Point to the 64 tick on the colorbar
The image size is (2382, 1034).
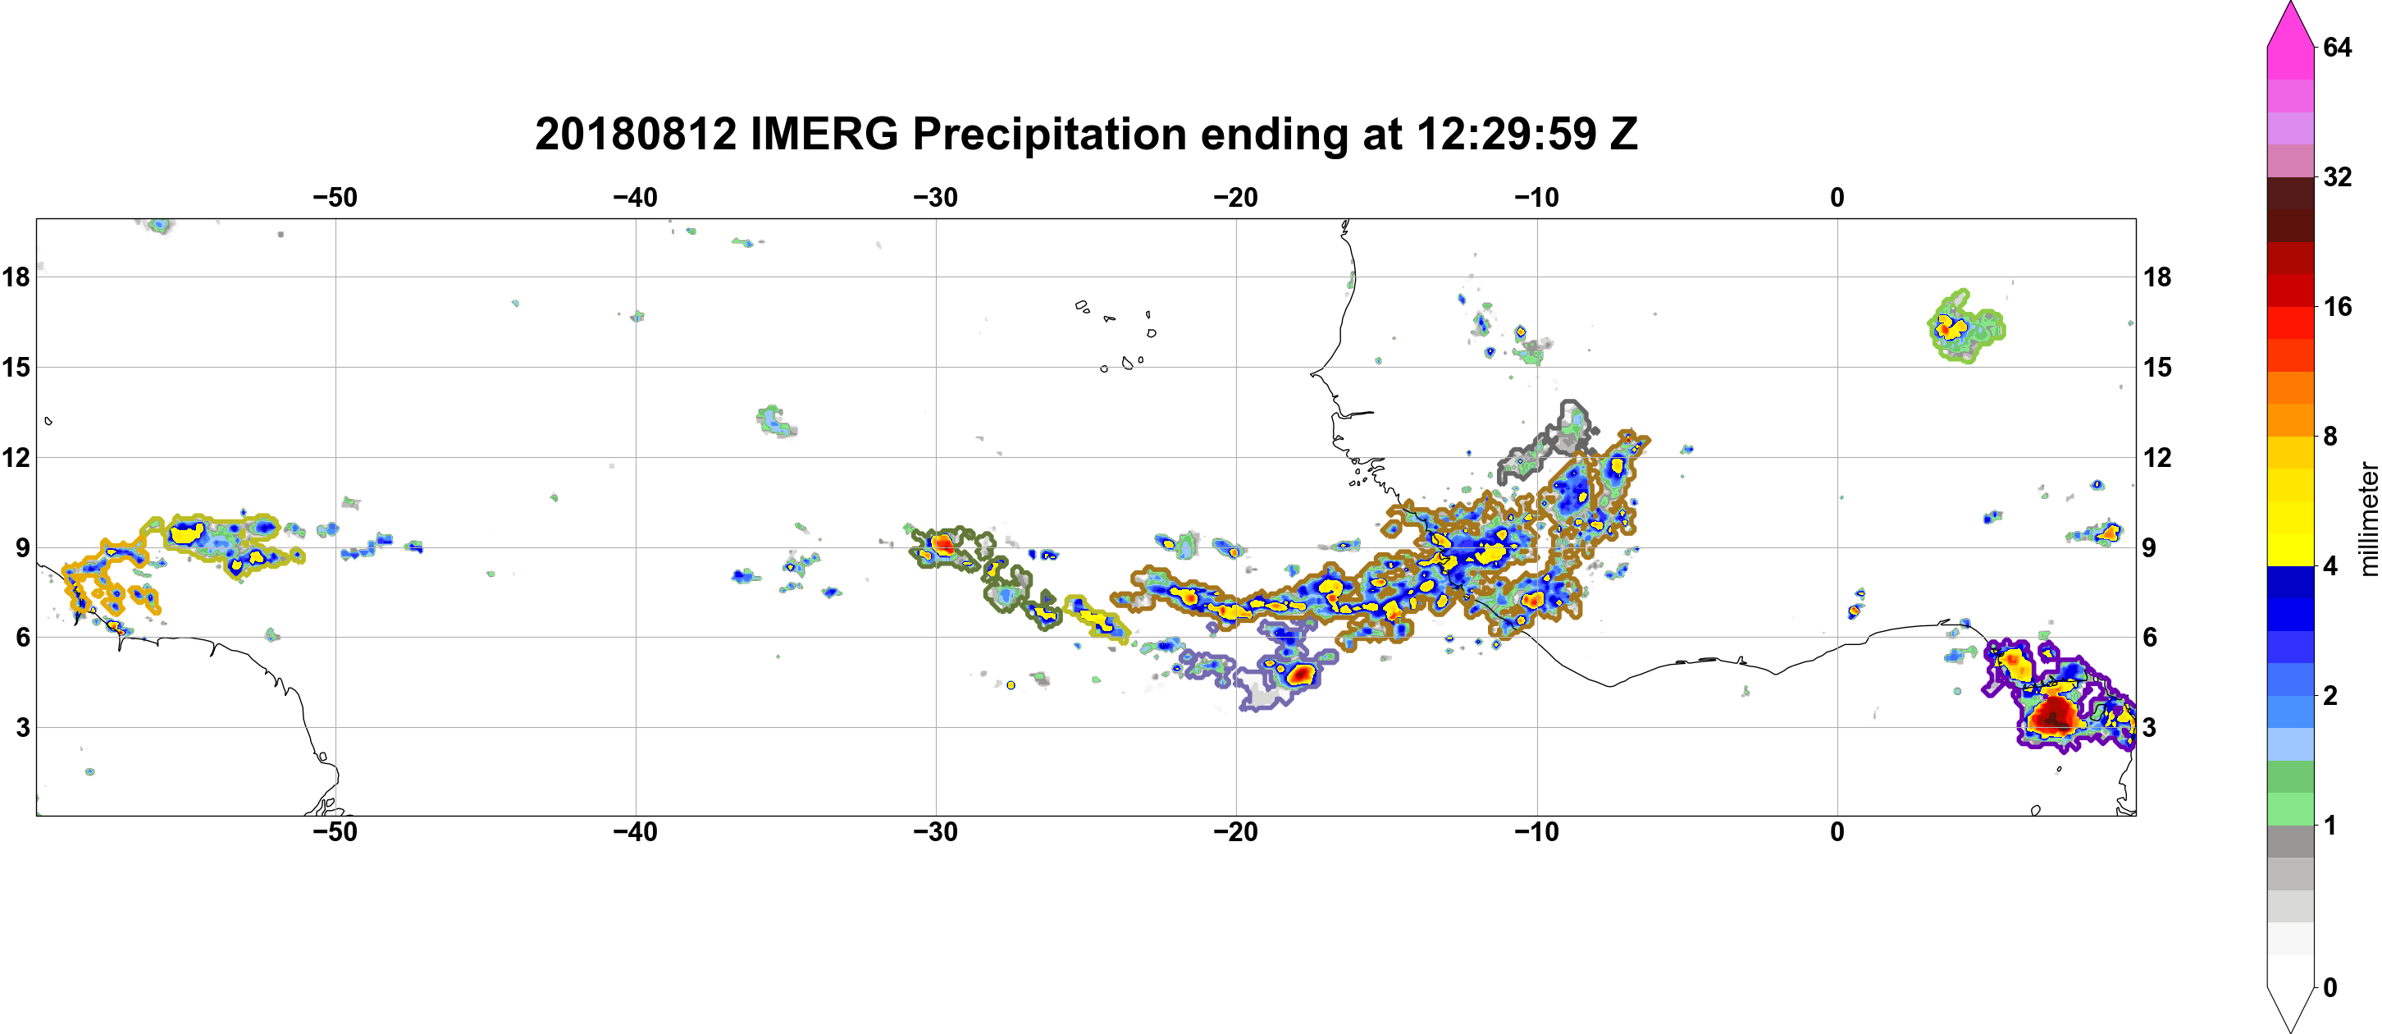pyautogui.click(x=2338, y=47)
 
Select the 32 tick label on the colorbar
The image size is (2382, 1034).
pyautogui.click(x=2338, y=176)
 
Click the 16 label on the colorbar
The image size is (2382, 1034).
pyautogui.click(x=2338, y=306)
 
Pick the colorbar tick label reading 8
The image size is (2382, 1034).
pyautogui.click(x=2330, y=436)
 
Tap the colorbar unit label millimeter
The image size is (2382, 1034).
pyautogui.click(x=2368, y=519)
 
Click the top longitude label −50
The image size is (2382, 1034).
pyautogui.click(x=335, y=198)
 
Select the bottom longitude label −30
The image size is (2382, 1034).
pyautogui.click(x=936, y=832)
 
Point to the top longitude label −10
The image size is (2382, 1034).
pyautogui.click(x=1537, y=198)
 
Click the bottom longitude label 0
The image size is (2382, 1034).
pyautogui.click(x=1837, y=832)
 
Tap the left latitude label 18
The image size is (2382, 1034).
pyautogui.click(x=16, y=277)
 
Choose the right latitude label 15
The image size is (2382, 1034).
pyautogui.click(x=2157, y=367)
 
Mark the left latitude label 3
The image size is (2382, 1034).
pyautogui.click(x=22, y=728)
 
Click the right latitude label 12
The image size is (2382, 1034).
pyautogui.click(x=2157, y=457)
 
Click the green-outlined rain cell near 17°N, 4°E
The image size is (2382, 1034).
pyautogui.click(x=1966, y=327)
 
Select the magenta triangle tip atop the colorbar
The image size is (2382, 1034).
pyautogui.click(x=2290, y=5)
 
